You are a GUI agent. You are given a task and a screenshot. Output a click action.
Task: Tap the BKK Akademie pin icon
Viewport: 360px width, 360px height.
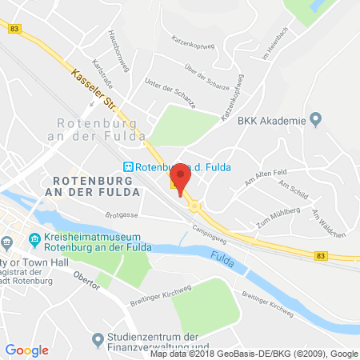point(316,119)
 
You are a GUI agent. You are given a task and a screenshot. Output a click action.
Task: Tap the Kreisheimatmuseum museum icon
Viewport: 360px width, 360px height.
point(35,239)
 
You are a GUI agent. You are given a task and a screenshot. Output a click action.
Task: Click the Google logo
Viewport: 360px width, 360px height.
point(27,350)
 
